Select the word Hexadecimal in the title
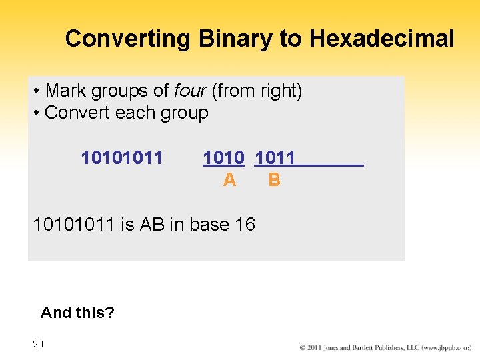pos(381,39)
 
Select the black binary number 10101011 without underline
pos(121,158)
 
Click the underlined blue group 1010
pos(223,158)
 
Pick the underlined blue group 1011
pos(275,158)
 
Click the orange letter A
pos(229,180)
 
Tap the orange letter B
pos(274,180)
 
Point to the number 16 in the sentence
pos(245,225)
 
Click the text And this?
pos(77,312)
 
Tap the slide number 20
pos(38,344)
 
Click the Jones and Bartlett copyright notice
pos(385,347)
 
